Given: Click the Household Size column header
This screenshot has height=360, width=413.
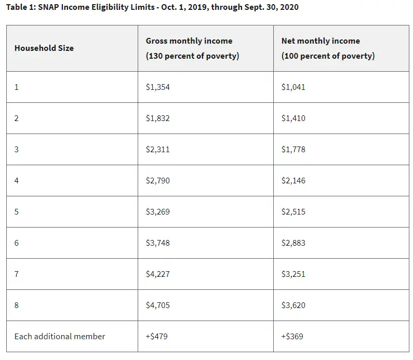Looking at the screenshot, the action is coord(44,48).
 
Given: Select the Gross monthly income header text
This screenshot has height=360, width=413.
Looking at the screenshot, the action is coord(189,41).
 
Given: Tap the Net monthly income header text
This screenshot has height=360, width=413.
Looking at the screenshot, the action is coord(321,41).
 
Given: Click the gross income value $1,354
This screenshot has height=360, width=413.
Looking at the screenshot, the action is coord(158,87).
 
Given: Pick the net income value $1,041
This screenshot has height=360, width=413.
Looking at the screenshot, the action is coord(293,87).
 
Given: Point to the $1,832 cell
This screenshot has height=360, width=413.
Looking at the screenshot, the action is coord(158,118).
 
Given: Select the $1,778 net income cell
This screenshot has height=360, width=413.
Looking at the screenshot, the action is coord(293,149).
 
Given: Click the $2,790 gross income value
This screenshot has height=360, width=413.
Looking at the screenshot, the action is coord(158,180).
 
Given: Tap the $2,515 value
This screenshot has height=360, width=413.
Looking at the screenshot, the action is coord(293,211).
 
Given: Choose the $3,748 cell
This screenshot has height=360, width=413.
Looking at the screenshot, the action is coord(158,243).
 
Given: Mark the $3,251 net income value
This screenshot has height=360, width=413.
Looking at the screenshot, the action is coord(293,274).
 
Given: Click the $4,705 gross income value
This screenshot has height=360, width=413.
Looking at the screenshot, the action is coord(158,305).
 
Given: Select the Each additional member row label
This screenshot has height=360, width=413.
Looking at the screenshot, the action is coord(60,336).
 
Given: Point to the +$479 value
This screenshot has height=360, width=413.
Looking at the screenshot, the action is coord(157,336).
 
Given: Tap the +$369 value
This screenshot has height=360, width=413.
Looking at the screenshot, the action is coord(292,336).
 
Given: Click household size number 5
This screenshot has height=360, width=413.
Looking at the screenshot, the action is coord(16,212).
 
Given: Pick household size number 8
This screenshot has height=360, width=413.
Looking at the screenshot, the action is coord(16,305).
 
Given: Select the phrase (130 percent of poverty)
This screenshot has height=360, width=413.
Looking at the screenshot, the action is coord(193,56).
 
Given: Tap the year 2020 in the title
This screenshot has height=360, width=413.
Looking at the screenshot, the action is coord(289,7).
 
